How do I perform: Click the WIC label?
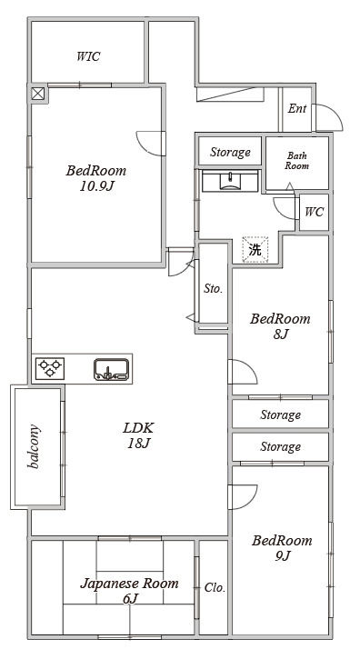[x=88, y=56]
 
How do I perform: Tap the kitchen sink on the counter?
[x=111, y=369]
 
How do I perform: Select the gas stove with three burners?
[x=50, y=368]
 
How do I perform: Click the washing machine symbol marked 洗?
[x=255, y=250]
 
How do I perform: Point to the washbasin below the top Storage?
[x=230, y=182]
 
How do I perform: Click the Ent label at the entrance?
[x=297, y=109]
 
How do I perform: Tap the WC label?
[x=314, y=212]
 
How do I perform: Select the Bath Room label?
[x=297, y=161]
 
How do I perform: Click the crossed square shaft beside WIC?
[x=37, y=94]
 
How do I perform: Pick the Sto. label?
[x=213, y=289]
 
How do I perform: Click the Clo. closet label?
[x=215, y=588]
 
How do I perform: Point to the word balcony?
[x=34, y=446]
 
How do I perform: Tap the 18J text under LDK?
[x=138, y=444]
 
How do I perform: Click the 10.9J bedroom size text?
[x=96, y=186]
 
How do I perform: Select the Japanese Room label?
[x=129, y=584]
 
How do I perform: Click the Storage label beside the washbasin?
[x=230, y=153]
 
